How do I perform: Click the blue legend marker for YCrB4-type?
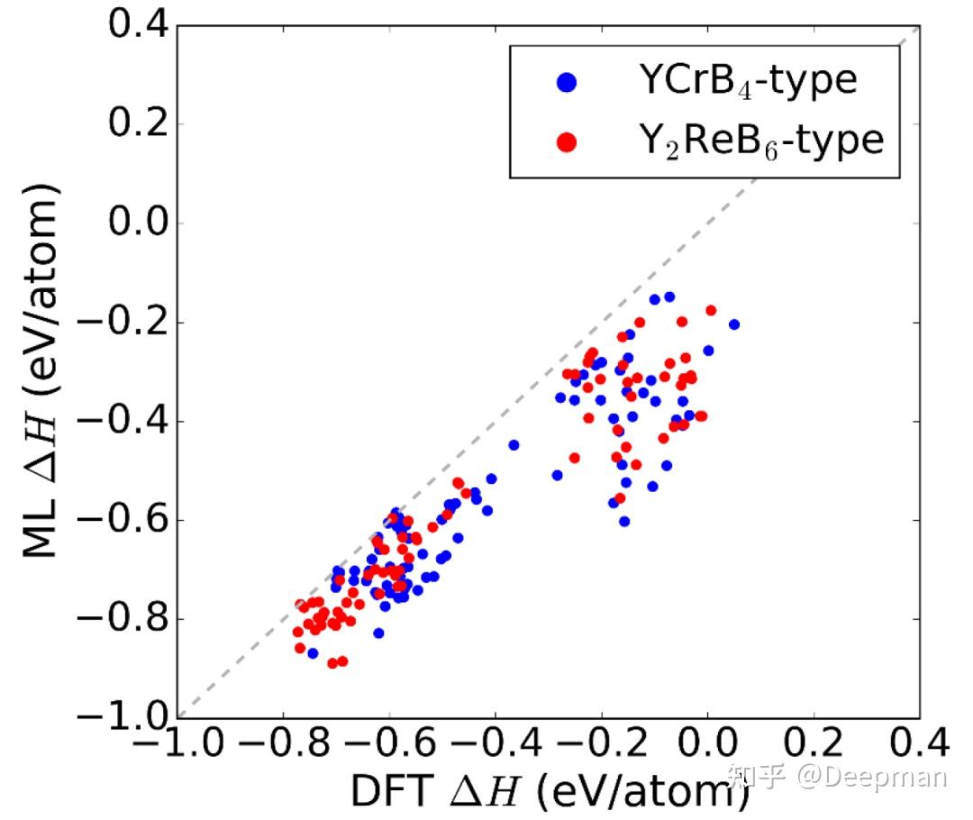(x=567, y=83)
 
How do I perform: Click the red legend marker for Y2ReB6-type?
(x=567, y=141)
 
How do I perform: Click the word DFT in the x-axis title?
(x=388, y=793)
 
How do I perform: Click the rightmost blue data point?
(x=734, y=324)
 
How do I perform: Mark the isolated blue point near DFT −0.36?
(x=514, y=444)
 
